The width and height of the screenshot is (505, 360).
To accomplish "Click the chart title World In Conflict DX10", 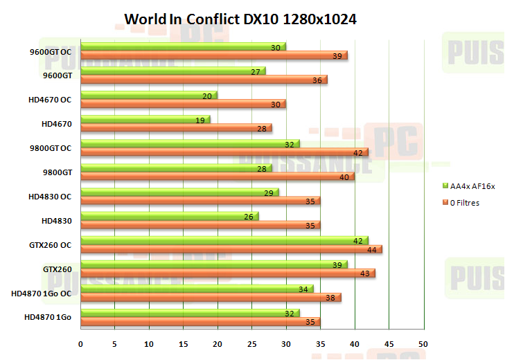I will tap(240, 19).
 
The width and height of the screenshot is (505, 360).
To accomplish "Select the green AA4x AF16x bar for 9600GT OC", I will tap(183, 46).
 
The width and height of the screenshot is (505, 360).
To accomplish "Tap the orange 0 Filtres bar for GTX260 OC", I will tap(231, 249).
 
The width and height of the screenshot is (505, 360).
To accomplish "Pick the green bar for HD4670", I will tap(145, 119).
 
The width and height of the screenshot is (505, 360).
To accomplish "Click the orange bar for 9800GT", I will tap(218, 177).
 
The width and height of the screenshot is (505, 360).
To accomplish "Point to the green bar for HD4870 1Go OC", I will tap(197, 289).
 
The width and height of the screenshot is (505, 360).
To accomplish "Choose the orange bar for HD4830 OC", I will tap(200, 201).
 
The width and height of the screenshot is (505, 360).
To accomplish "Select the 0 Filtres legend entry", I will tap(463, 203).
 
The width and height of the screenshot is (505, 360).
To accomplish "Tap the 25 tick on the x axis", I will tap(251, 344).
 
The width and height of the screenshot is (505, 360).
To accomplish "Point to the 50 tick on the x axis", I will tap(423, 344).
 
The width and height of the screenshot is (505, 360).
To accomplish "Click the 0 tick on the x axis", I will tap(81, 344).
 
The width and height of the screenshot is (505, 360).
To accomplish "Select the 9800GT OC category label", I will tap(52, 148).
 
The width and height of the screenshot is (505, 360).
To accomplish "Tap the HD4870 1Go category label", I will tap(48, 317).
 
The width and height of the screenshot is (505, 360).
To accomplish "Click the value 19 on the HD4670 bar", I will tap(200, 120).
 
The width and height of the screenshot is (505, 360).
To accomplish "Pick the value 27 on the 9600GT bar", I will tap(255, 71).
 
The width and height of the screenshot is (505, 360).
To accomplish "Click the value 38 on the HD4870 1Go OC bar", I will tap(330, 298).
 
